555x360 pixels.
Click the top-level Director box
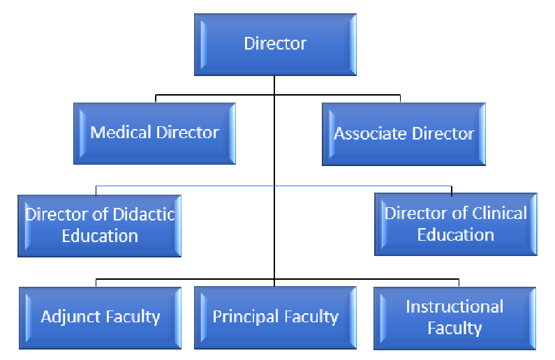click(274, 44)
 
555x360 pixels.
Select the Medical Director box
click(154, 133)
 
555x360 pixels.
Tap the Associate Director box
click(404, 134)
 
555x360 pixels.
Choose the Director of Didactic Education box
click(100, 225)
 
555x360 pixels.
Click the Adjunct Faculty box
click(100, 317)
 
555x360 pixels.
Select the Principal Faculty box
click(275, 317)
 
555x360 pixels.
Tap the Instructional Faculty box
click(454, 317)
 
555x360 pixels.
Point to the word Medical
click(117, 133)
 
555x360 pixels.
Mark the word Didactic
click(145, 213)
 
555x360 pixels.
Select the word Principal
click(242, 317)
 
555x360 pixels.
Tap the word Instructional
click(454, 307)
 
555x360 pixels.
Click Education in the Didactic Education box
click(100, 236)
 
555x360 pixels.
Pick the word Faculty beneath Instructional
click(454, 328)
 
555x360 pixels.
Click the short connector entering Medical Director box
click(155, 98)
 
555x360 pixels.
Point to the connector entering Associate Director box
click(400, 98)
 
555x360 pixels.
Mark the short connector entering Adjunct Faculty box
click(96, 283)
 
